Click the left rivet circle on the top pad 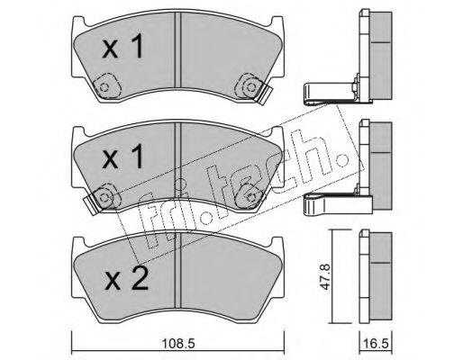104,88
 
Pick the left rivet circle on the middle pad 104,197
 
